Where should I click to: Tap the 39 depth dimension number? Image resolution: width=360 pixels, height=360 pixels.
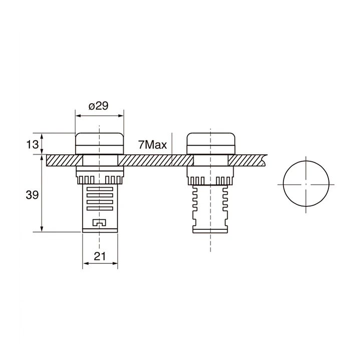[x=32, y=195]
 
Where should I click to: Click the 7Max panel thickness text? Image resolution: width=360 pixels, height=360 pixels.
[x=152, y=145]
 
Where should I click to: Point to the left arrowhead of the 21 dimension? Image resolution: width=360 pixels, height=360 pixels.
[x=85, y=264]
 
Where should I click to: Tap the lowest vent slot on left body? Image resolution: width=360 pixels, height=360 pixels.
[x=100, y=208]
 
